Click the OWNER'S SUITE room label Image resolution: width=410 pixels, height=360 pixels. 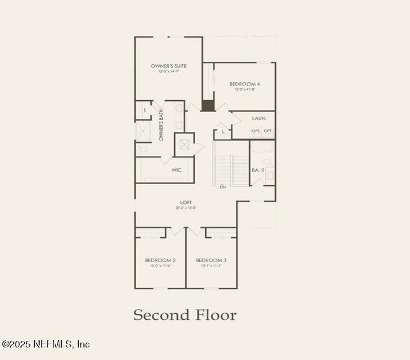point(169,66)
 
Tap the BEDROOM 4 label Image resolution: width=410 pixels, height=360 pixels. point(244,84)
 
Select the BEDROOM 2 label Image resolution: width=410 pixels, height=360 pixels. point(160,260)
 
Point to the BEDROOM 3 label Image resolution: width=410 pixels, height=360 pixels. point(211,260)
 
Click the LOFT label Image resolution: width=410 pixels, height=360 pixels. point(186,202)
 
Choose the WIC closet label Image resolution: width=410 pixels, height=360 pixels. point(176,170)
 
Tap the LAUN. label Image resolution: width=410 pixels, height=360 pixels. point(259,118)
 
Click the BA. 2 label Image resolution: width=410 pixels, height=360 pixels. point(258,170)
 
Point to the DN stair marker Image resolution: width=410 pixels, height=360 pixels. point(223,187)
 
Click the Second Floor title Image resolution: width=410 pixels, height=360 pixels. point(185,315)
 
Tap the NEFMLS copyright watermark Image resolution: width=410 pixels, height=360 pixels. point(46,344)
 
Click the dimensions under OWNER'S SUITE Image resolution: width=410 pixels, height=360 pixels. point(169,71)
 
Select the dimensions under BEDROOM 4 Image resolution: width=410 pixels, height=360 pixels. point(244,89)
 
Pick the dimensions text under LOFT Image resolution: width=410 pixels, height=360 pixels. point(186,208)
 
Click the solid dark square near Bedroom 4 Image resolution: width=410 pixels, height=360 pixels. point(208,106)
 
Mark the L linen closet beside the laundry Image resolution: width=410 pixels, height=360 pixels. point(223,131)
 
